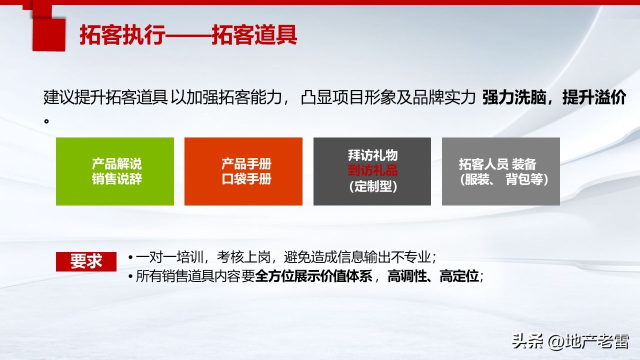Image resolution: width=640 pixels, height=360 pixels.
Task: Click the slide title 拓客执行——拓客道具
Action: pos(188,35)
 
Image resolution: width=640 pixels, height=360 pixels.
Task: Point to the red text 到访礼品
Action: pos(372,171)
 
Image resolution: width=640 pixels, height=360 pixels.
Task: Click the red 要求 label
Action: pos(86,261)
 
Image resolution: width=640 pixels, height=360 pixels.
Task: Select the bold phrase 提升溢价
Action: pos(594,98)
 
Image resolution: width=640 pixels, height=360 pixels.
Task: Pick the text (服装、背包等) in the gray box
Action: pos(503,179)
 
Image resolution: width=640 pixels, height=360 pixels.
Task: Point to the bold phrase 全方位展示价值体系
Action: pos(314,276)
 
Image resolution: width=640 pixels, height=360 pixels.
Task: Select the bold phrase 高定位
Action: pos(459,276)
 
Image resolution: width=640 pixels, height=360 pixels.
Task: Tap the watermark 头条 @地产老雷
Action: pos(569,342)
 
